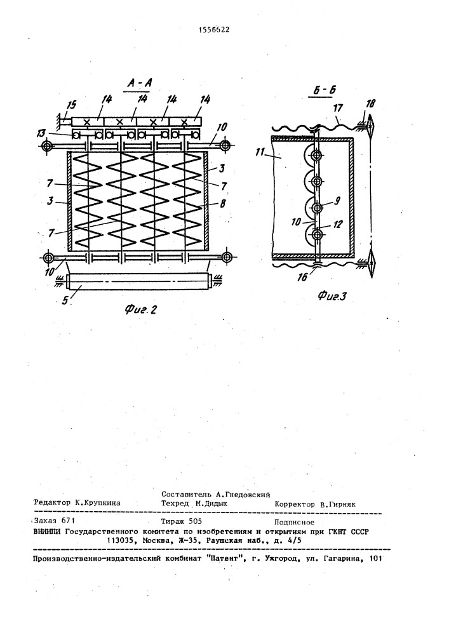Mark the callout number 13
(x=59, y=133)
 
